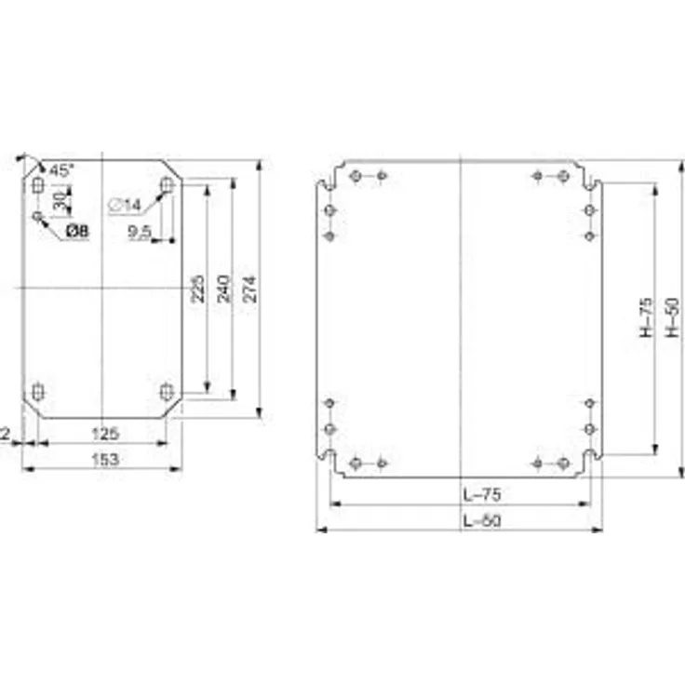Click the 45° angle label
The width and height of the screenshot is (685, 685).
(x=61, y=170)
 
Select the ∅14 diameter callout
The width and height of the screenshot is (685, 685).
(x=125, y=205)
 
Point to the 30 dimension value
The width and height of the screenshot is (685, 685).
(x=59, y=199)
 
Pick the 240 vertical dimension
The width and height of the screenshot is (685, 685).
(x=223, y=289)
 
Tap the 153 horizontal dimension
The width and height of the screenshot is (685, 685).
(x=103, y=458)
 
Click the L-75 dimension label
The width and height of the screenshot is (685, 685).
(x=481, y=495)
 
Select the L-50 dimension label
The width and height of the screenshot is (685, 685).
(x=481, y=521)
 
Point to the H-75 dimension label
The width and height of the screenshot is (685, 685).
(x=647, y=316)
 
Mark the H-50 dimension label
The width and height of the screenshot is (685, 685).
(x=673, y=316)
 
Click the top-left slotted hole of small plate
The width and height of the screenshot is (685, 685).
(x=37, y=187)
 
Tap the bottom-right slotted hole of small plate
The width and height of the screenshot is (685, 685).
(x=167, y=391)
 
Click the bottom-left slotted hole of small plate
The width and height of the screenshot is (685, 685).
(x=37, y=391)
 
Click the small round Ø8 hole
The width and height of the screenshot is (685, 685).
(x=37, y=217)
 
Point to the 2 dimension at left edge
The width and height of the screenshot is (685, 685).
(x=6, y=433)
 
